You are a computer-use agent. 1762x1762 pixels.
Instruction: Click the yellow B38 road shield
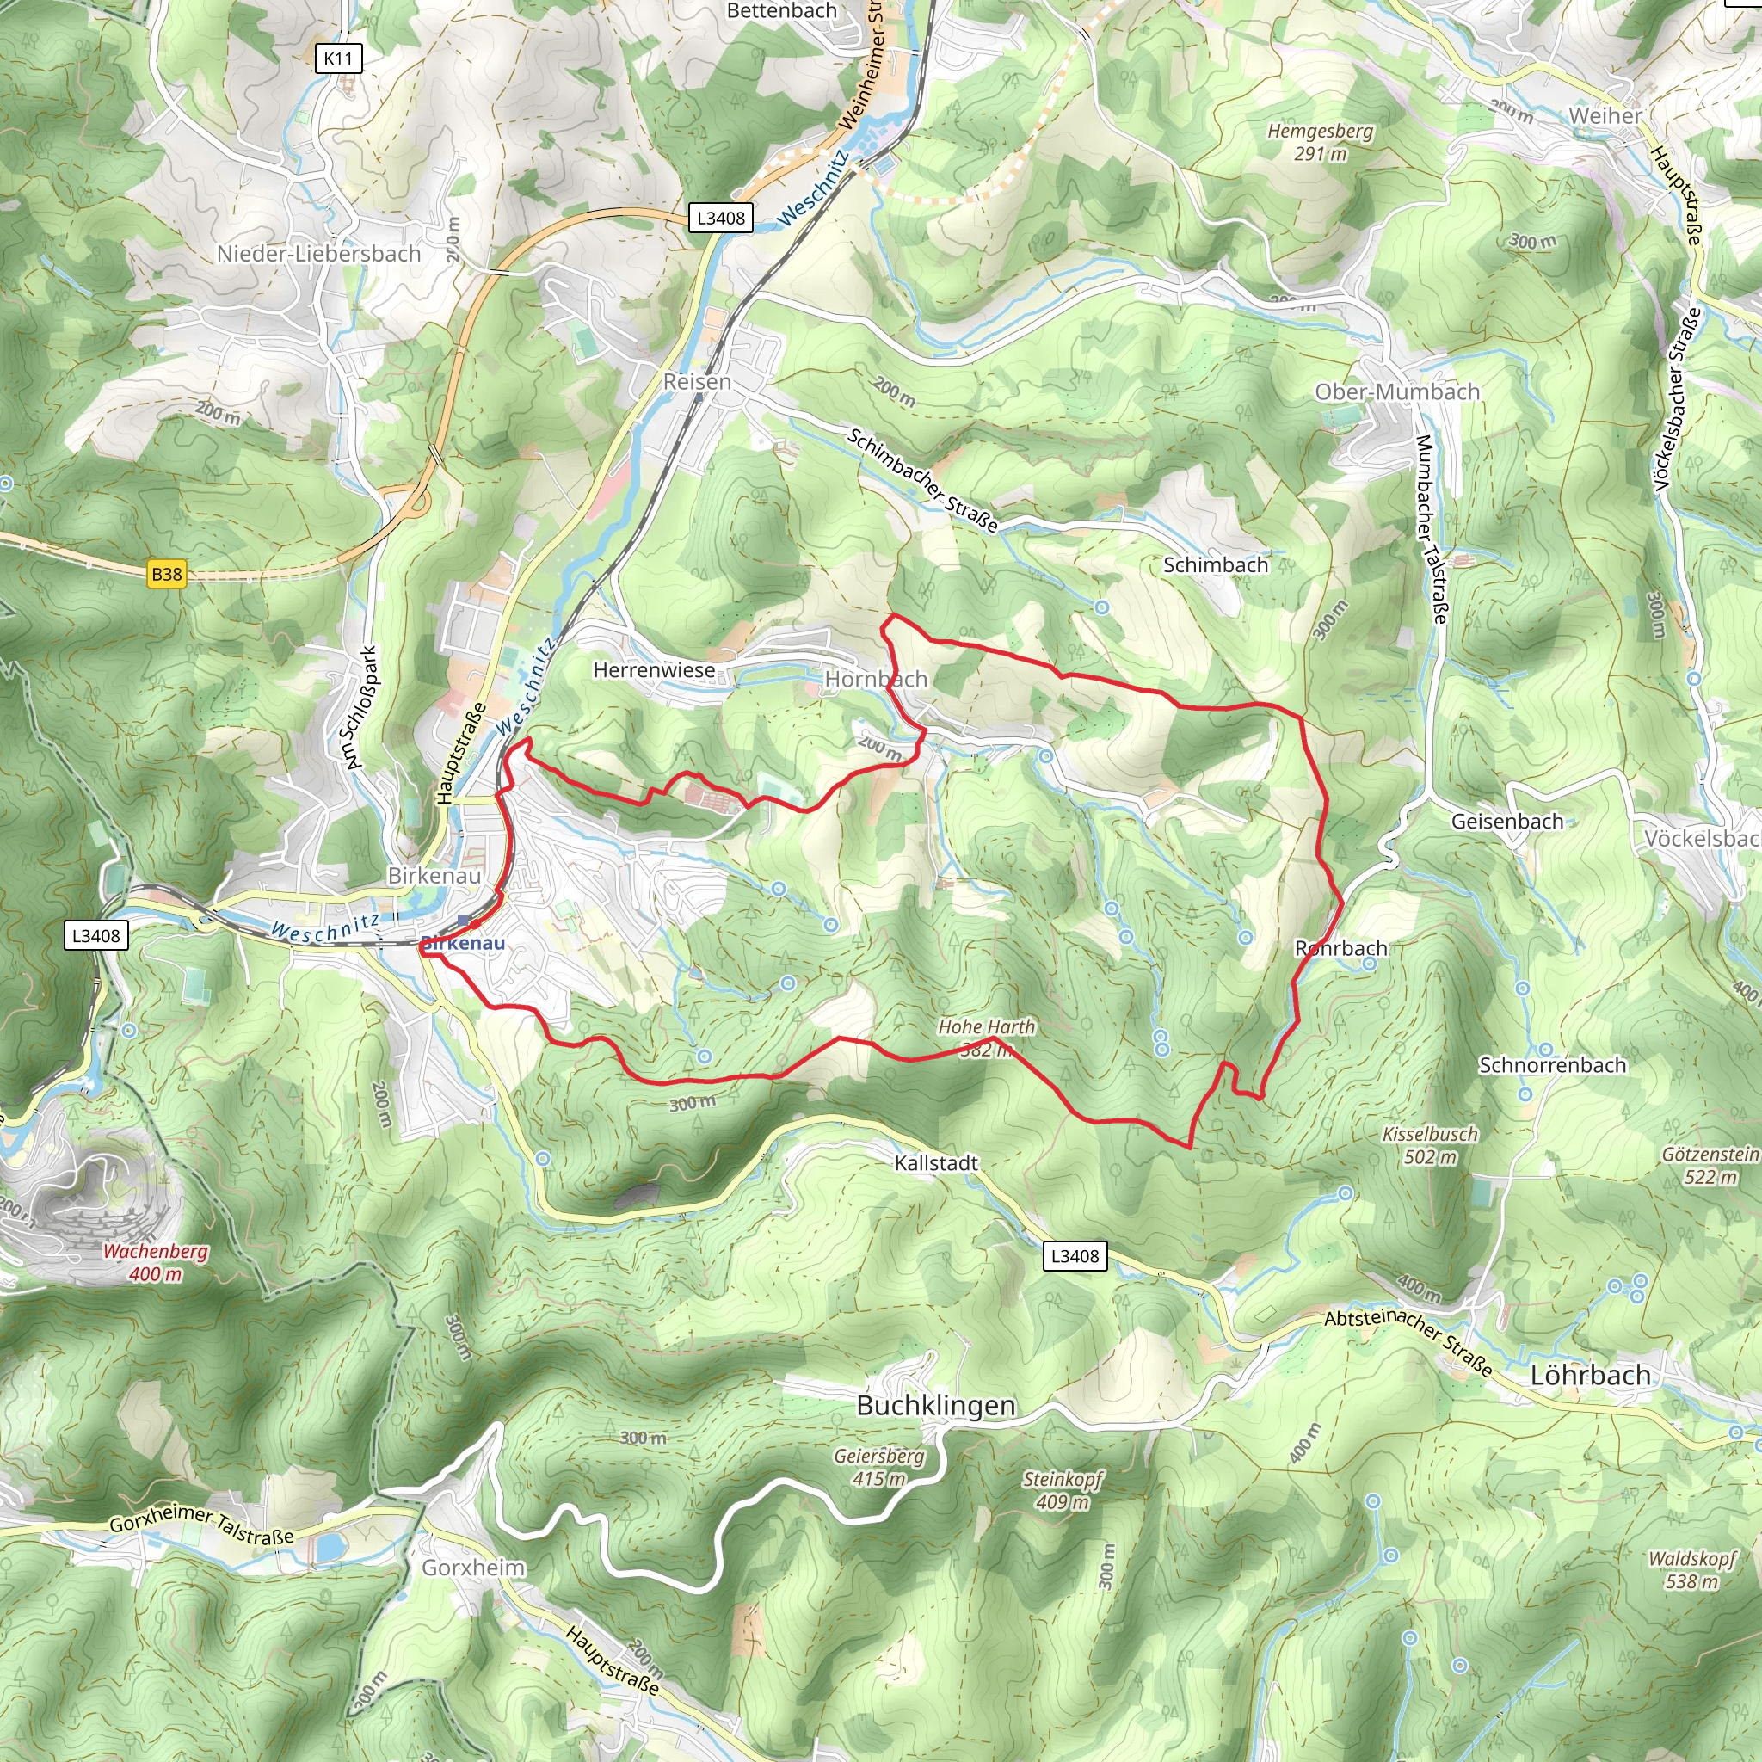click(x=166, y=575)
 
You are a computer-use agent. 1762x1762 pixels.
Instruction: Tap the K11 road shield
click(x=337, y=59)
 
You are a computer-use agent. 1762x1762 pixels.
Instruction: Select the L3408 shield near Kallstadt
click(x=1075, y=1256)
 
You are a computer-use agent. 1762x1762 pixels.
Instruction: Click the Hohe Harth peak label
click(x=986, y=1028)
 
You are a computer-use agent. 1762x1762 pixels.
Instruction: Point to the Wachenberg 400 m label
click(x=155, y=1263)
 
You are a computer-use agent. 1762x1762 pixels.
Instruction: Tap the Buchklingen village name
click(x=936, y=1406)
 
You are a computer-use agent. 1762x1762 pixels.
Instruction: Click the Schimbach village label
click(x=1215, y=565)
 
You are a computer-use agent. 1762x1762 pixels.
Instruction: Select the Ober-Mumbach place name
click(x=1396, y=392)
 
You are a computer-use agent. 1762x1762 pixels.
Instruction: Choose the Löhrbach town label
click(x=1590, y=1376)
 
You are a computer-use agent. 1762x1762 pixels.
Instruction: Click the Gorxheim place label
click(x=473, y=1568)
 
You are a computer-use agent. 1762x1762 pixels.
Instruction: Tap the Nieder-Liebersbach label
click(x=318, y=254)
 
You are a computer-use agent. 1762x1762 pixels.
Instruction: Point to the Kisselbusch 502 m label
click(x=1429, y=1145)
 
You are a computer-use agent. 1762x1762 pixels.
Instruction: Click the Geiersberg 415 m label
click(x=879, y=1468)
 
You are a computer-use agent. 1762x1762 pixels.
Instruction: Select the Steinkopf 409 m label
click(x=1063, y=1490)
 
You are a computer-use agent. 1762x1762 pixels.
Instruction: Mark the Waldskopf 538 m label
click(x=1691, y=1570)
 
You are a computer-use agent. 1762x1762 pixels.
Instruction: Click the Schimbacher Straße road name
click(x=923, y=481)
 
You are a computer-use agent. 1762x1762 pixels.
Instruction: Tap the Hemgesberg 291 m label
click(x=1320, y=142)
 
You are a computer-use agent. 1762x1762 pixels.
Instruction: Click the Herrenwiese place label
click(x=654, y=670)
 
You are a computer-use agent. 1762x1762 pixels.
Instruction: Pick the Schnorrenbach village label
click(x=1551, y=1065)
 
